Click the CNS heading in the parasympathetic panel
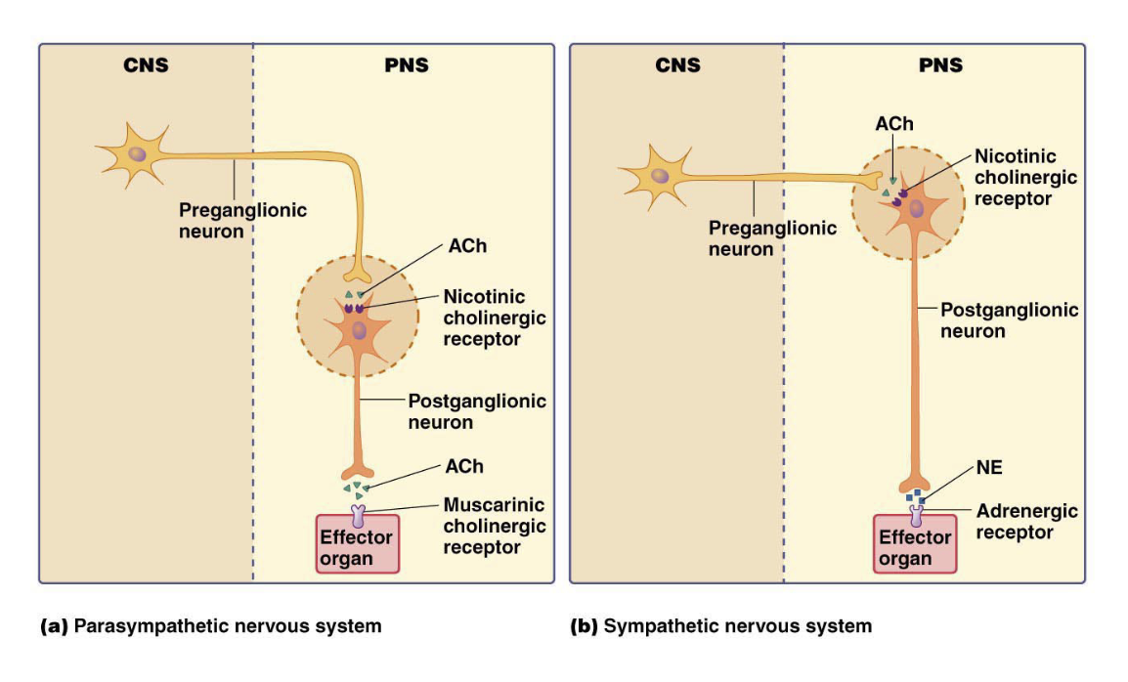146,66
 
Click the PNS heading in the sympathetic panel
940,65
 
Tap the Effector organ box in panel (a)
357,547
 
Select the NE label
988,468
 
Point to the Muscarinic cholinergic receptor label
494,526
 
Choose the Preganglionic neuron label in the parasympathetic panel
242,220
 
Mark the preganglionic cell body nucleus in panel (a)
140,152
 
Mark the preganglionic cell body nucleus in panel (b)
662,176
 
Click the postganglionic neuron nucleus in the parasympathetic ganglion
359,332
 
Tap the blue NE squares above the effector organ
915,497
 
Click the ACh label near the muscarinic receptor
463,466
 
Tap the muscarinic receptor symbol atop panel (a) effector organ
358,511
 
